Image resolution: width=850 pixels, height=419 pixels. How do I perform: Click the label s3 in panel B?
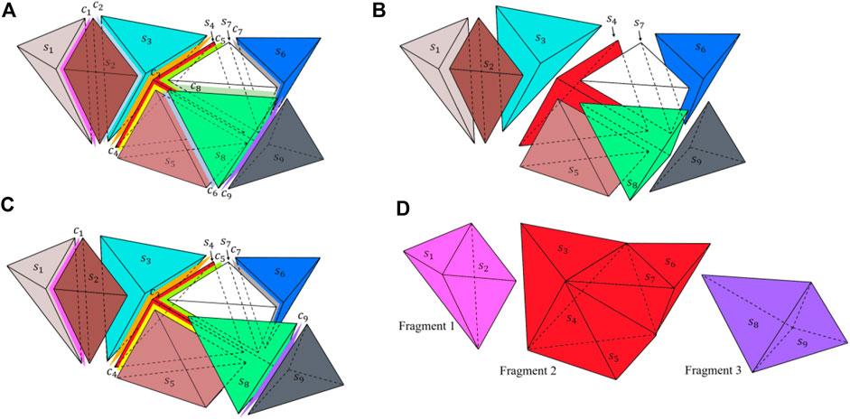(539, 39)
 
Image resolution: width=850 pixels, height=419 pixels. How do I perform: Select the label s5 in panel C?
(168, 356)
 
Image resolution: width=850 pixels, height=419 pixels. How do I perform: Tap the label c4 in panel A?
(114, 151)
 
